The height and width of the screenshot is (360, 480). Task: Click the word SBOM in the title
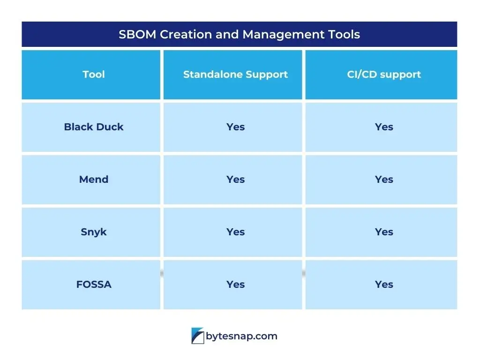[x=137, y=34]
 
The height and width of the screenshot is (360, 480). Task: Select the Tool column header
[x=94, y=75]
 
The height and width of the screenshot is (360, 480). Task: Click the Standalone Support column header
[x=235, y=75]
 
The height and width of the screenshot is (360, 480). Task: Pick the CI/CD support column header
[x=384, y=75]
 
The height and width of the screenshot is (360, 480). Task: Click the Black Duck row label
[x=94, y=127]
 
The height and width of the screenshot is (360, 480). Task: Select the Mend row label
[x=94, y=180]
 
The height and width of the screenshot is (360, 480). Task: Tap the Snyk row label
[x=94, y=232]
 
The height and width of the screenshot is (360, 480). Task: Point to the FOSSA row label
[x=94, y=285]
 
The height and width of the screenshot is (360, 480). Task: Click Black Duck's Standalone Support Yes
[x=235, y=127]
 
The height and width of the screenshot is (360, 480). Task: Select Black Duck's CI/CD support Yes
[x=384, y=127]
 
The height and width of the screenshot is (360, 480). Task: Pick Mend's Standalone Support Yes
[x=235, y=180]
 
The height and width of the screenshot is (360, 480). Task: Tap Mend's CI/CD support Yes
[x=384, y=180]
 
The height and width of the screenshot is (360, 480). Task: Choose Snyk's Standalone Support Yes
[x=235, y=232]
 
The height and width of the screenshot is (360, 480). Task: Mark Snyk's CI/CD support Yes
[x=384, y=232]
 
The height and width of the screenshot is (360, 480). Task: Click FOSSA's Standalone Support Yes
[x=235, y=285]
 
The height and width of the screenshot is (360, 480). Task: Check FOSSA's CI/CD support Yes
[x=384, y=285]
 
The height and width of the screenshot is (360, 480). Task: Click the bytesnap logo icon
[x=198, y=336]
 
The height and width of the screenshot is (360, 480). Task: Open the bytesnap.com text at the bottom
[x=241, y=337]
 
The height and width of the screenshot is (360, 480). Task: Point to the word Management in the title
[x=283, y=35]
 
